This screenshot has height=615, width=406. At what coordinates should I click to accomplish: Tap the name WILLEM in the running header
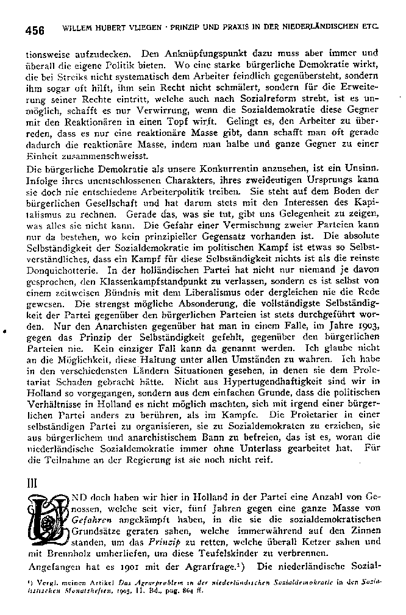pyautogui.click(x=77, y=28)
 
